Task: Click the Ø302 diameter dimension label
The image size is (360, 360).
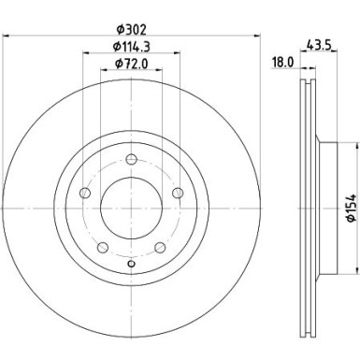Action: (131, 30)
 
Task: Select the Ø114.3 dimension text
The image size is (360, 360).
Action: (131, 47)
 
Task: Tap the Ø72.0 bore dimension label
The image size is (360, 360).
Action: (131, 64)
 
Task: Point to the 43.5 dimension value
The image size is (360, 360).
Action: (319, 45)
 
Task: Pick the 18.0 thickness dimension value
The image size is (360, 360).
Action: (282, 63)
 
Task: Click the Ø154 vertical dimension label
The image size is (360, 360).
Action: (352, 208)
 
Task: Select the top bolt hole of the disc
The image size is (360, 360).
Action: (131, 160)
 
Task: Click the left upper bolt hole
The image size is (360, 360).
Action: (85, 193)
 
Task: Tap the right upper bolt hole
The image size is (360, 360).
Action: (178, 193)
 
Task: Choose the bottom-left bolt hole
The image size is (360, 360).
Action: (103, 248)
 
